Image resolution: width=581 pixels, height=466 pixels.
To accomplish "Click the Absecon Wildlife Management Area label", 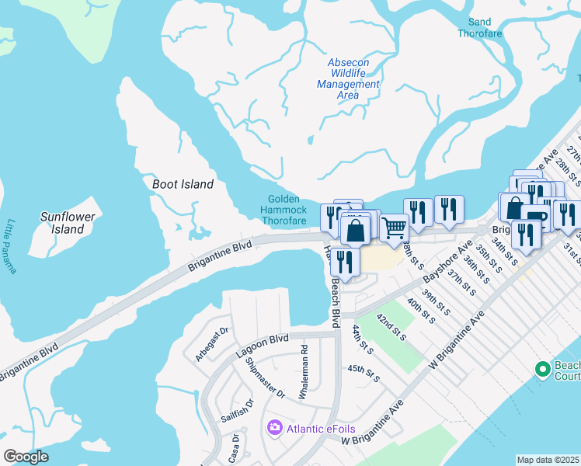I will click(x=348, y=78).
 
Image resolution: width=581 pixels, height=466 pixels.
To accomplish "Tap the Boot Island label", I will click(x=183, y=184).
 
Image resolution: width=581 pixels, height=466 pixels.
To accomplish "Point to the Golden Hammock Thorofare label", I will click(x=284, y=210).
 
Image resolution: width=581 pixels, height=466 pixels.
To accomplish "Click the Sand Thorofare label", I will click(x=480, y=28).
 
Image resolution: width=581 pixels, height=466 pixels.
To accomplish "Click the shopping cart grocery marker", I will click(x=395, y=228).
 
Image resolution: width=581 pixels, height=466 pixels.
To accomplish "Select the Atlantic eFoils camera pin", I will click(x=273, y=427).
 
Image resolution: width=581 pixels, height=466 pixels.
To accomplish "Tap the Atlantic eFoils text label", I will click(x=316, y=427).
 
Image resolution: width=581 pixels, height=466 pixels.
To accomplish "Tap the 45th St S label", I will click(x=364, y=372).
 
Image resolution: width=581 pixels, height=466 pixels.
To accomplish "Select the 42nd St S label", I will click(x=391, y=327).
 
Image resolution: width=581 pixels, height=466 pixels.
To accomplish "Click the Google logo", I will click(x=26, y=457).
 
